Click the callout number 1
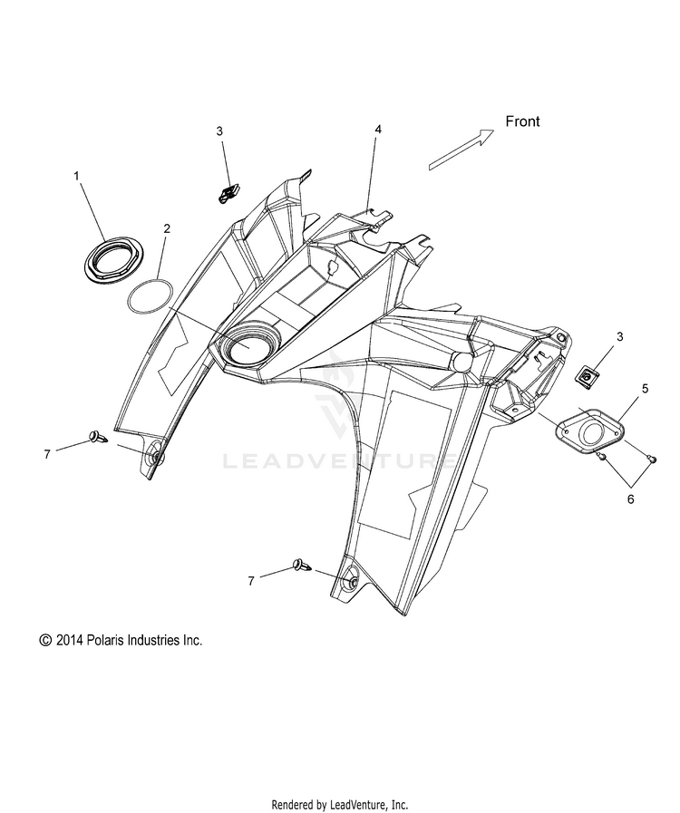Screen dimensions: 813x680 click(77, 174)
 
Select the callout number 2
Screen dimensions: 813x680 click(167, 228)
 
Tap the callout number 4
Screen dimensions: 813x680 click(378, 130)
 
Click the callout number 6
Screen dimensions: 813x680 click(629, 498)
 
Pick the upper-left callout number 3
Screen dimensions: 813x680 click(219, 131)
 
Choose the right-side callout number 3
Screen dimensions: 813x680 click(619, 336)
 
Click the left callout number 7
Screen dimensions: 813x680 click(47, 454)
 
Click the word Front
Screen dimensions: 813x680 click(522, 121)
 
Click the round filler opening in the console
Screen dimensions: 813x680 click(246, 347)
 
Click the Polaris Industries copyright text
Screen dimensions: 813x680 click(121, 640)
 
